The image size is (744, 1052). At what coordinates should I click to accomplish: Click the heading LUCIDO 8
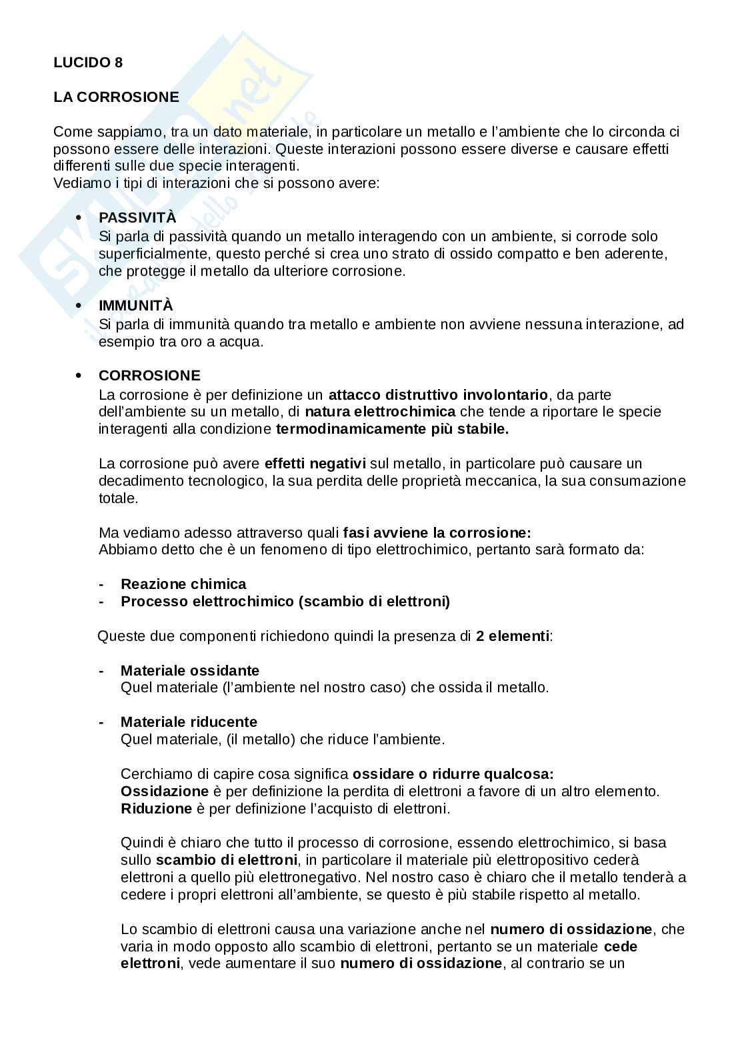[x=88, y=63]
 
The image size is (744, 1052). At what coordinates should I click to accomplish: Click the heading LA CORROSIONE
[x=116, y=97]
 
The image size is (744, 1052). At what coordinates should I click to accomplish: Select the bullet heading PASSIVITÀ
[x=137, y=218]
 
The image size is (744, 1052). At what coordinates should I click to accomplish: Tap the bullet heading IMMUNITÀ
[x=135, y=306]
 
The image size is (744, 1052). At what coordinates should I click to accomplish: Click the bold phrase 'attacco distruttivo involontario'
[x=437, y=394]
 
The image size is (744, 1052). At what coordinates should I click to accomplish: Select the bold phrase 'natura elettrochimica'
[x=380, y=412]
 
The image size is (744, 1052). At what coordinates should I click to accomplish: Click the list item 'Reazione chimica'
[x=183, y=584]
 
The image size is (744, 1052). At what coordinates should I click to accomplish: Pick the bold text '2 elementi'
[x=513, y=636]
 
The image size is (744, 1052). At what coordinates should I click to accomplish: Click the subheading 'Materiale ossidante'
[x=190, y=670]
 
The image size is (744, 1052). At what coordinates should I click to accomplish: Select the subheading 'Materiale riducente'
[x=189, y=722]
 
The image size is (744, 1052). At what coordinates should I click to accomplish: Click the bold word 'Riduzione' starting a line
[x=156, y=809]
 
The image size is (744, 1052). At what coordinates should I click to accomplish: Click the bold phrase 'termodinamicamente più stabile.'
[x=392, y=429]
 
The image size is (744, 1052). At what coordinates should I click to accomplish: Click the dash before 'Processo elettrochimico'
[x=101, y=602]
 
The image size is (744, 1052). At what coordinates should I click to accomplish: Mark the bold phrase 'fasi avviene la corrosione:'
[x=437, y=533]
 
